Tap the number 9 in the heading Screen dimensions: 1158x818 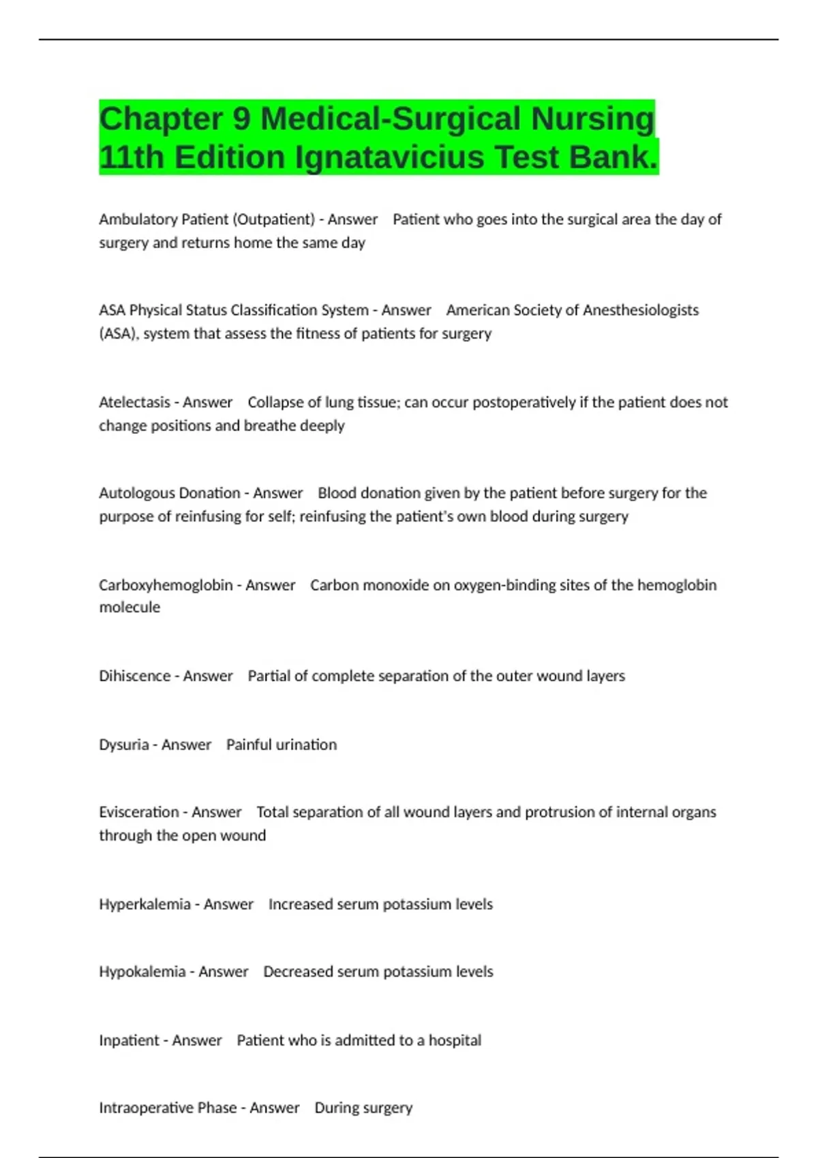(242, 119)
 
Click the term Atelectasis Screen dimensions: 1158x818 (134, 402)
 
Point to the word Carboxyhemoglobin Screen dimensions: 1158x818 (166, 585)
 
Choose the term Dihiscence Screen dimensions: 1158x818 (134, 676)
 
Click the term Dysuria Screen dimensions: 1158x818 (123, 745)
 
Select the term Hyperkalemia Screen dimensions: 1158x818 (145, 904)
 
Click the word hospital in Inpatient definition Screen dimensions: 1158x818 (455, 1040)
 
